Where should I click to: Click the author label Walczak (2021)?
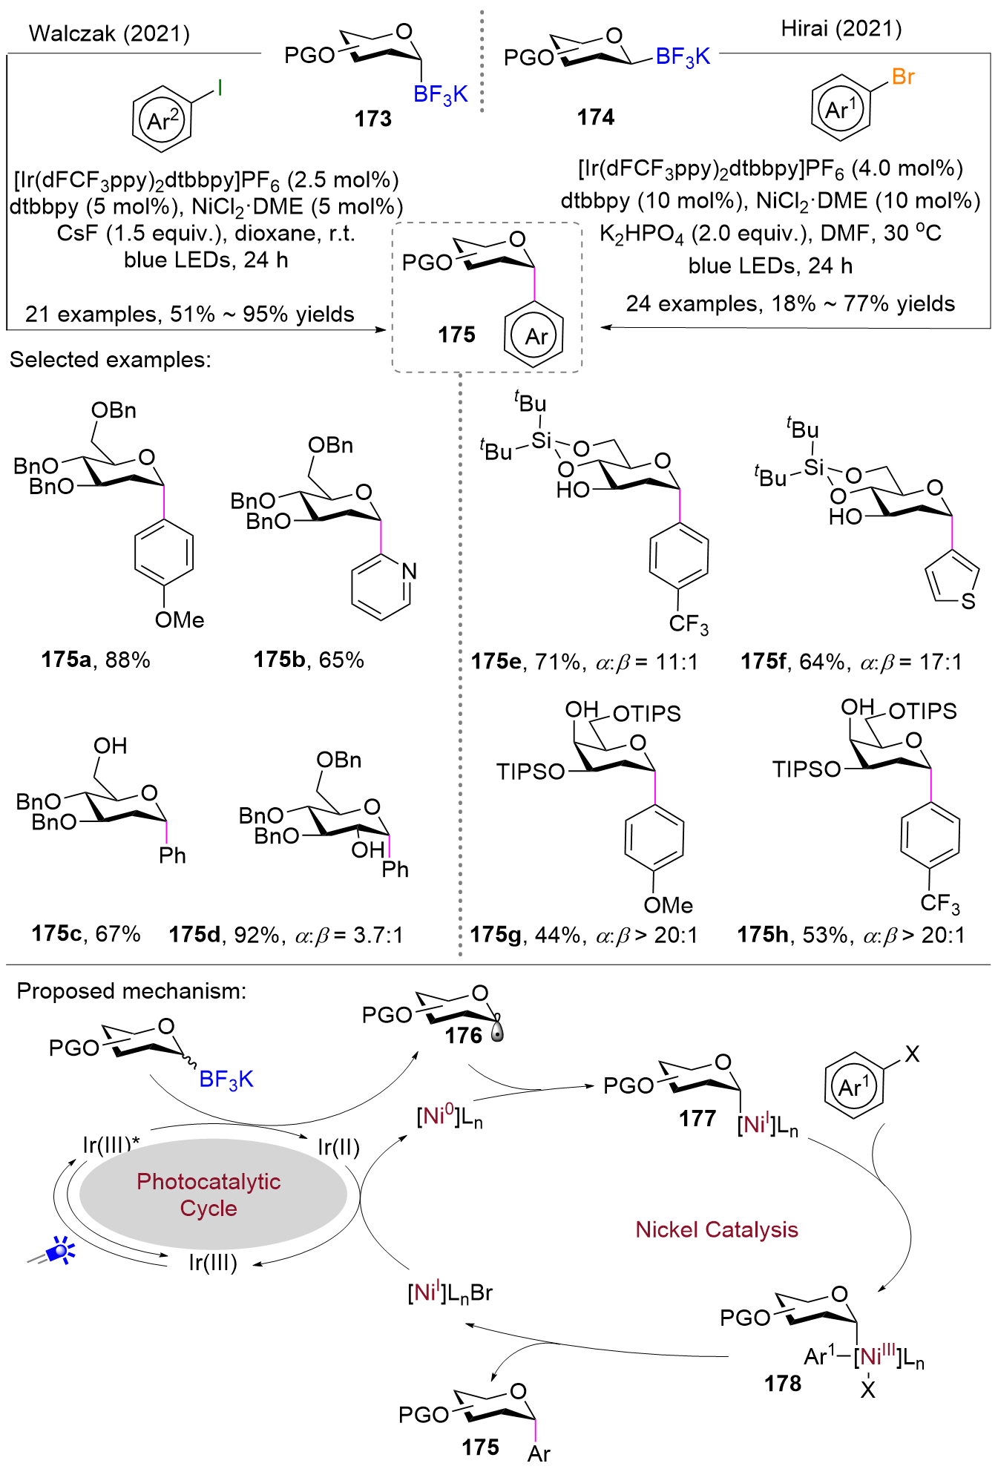pyautogui.click(x=109, y=33)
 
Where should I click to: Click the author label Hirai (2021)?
pyautogui.click(x=841, y=29)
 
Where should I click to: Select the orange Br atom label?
pyautogui.click(x=903, y=76)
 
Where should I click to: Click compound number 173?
pyautogui.click(x=372, y=119)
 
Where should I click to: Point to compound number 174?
pyautogui.click(x=596, y=117)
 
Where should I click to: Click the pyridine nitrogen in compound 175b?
pyautogui.click(x=409, y=571)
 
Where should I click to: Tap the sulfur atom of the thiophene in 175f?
pyautogui.click(x=968, y=601)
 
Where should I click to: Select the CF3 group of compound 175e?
pyautogui.click(x=689, y=625)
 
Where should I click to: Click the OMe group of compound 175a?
pyautogui.click(x=180, y=620)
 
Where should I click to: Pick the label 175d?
pyautogui.click(x=194, y=934)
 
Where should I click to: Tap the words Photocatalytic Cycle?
pyautogui.click(x=209, y=1194)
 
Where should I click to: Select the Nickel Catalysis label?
pyautogui.click(x=717, y=1229)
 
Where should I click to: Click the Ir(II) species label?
pyautogui.click(x=338, y=1147)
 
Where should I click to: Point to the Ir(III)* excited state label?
pyautogui.click(x=111, y=1145)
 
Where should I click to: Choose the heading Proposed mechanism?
pyautogui.click(x=131, y=991)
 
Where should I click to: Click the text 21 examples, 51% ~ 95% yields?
pyautogui.click(x=190, y=315)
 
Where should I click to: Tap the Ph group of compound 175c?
pyautogui.click(x=172, y=855)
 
